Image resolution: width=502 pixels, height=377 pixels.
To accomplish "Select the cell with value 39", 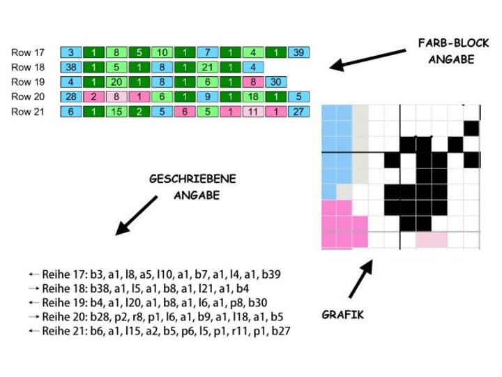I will [298, 52].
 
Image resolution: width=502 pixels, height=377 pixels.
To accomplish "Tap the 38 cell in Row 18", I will [71, 68].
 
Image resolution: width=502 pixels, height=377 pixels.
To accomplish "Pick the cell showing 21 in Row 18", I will [207, 68].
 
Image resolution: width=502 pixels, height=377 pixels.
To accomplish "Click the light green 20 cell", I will [117, 82].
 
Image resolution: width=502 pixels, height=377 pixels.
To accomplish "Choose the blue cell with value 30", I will [276, 82].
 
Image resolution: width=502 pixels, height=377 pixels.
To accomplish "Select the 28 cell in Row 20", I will [71, 97].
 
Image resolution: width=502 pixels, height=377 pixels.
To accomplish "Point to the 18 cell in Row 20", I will [253, 97].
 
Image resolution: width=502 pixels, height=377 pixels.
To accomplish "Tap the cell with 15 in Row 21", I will [117, 112].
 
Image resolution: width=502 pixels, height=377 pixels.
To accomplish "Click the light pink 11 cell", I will [253, 112].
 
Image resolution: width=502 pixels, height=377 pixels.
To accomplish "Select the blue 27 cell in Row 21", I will [298, 112].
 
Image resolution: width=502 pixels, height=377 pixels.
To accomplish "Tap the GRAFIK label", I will [342, 315].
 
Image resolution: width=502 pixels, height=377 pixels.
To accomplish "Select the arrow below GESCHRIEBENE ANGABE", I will [137, 215].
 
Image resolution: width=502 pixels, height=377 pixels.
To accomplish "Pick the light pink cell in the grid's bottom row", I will [432, 239].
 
